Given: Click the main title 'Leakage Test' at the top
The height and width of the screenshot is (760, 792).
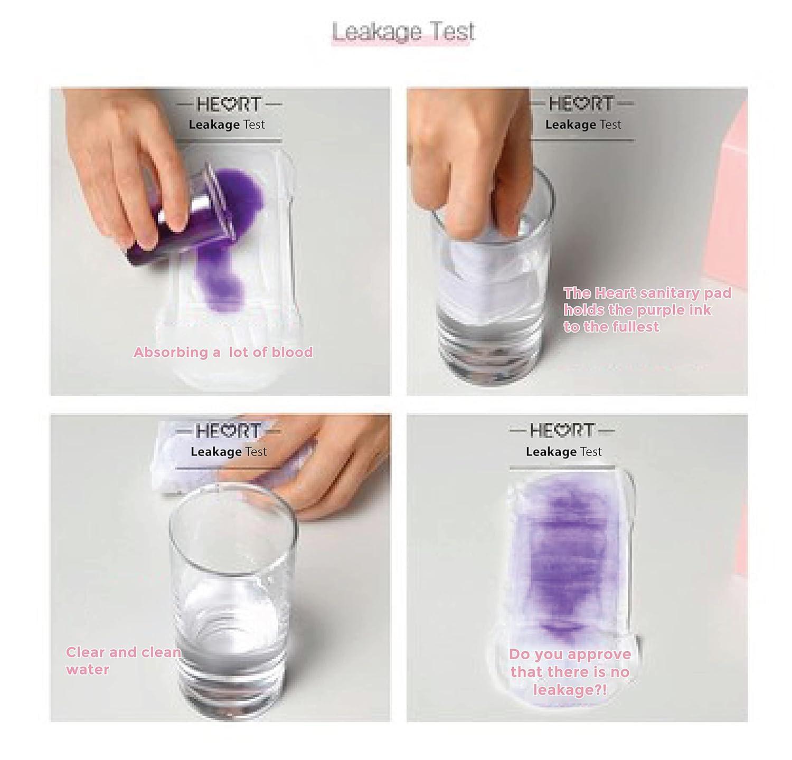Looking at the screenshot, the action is click(x=403, y=32).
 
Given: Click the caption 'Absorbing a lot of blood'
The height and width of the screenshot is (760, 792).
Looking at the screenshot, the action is click(x=223, y=352).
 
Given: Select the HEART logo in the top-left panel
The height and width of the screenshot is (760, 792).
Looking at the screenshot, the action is click(x=229, y=104).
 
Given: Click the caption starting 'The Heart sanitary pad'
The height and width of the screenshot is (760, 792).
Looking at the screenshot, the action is click(x=647, y=310).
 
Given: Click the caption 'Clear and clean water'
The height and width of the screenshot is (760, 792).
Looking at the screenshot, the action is click(x=123, y=661).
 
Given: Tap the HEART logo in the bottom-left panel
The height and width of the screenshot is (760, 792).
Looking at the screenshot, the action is click(x=229, y=431).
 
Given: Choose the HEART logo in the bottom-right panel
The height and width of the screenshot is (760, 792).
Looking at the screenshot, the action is click(x=562, y=431).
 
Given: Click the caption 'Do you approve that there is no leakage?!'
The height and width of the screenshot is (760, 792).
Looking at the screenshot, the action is click(x=570, y=672).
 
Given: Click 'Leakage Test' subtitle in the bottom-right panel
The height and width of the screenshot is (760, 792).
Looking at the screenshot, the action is click(x=563, y=452).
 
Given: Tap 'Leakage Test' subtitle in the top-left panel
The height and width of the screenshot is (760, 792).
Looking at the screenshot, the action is click(x=227, y=125).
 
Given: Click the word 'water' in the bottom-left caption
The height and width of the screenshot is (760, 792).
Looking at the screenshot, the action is click(x=88, y=670).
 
